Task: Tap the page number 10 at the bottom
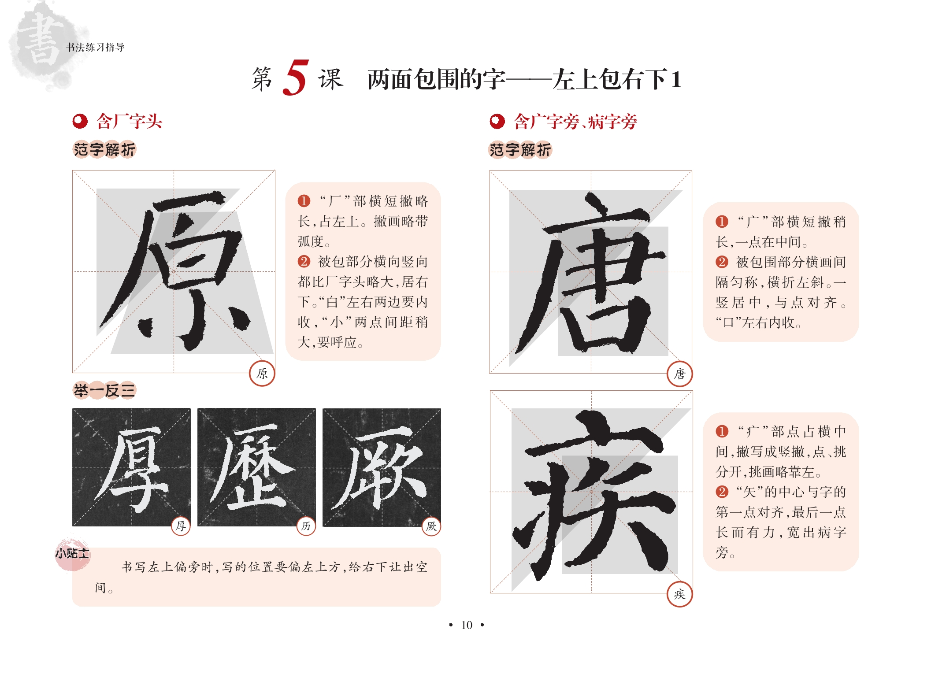(467, 625)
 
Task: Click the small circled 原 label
(262, 374)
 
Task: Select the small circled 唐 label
(680, 374)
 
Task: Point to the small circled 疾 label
(680, 594)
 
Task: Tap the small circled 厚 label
(181, 526)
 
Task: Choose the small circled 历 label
(306, 526)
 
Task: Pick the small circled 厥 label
(431, 526)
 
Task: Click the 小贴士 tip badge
(72, 554)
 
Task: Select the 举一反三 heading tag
(104, 390)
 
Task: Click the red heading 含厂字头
(129, 121)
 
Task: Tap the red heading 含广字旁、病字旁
(575, 122)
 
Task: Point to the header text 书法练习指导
(95, 47)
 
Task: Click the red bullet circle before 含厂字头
(80, 121)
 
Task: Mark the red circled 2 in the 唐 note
(722, 262)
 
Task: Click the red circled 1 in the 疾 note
(722, 431)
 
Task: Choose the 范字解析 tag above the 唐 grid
(520, 150)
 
